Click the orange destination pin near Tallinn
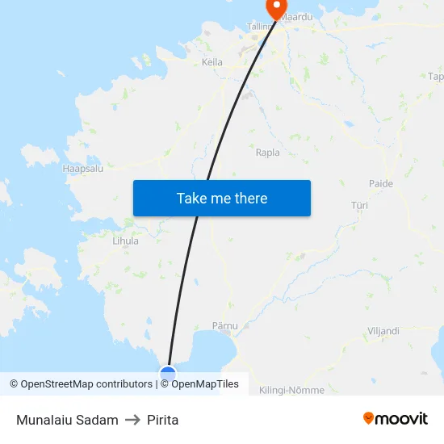276,8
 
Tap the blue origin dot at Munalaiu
168,373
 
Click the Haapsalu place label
82,169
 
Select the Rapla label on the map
267,152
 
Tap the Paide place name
381,184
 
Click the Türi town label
360,206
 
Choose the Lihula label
125,241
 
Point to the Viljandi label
383,331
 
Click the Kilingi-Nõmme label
291,390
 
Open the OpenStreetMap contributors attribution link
86,384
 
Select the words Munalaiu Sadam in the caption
67,420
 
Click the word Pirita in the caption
163,420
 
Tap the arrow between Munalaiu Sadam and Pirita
132,420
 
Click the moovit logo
396,418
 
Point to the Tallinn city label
260,27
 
